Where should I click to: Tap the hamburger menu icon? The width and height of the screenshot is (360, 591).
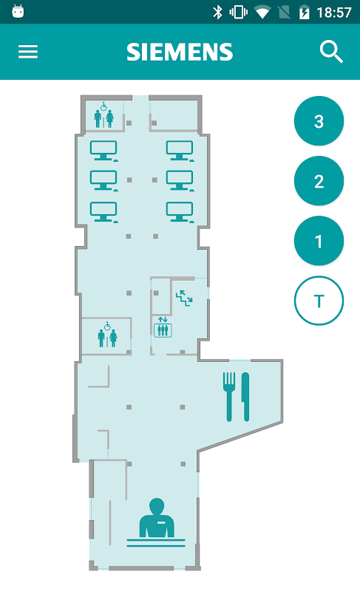pos(28,52)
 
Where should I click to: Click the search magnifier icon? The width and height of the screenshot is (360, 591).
pos(331,52)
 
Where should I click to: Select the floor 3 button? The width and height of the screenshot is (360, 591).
pos(319,121)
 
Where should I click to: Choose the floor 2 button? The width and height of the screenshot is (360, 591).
pos(319,181)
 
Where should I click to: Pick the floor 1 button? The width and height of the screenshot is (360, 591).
pos(319,241)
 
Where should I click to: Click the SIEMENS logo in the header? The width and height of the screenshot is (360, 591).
pos(180,52)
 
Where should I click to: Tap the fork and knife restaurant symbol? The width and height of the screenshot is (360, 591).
pos(237,397)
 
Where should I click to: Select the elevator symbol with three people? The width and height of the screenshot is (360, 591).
pos(163,327)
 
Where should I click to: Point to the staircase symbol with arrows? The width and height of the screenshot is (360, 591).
pos(184,298)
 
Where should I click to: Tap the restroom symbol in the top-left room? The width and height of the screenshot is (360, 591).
pos(103,115)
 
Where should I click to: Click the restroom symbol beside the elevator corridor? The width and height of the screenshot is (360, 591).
pos(107,335)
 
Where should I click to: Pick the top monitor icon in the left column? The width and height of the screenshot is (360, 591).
pos(103,151)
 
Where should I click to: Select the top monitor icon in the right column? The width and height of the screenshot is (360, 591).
pos(180,151)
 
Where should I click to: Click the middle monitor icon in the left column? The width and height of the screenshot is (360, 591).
pos(103,181)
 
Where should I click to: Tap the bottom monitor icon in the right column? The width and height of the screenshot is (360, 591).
pos(180,212)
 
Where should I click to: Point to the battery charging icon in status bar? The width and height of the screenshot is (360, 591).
pos(304,13)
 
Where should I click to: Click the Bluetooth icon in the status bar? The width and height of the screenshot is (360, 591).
pos(217,12)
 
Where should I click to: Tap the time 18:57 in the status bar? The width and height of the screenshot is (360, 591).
pos(334,13)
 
